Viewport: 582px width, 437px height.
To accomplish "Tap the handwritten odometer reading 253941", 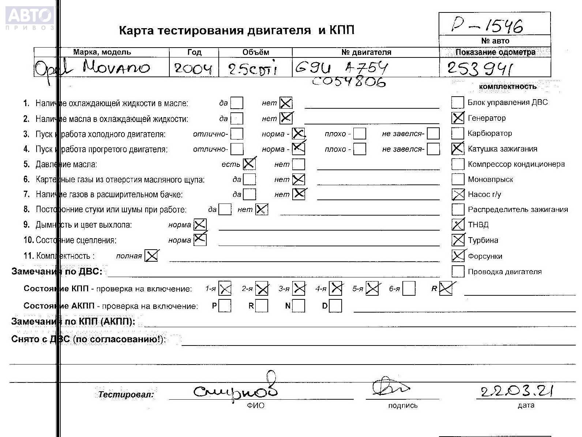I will (x=480, y=68).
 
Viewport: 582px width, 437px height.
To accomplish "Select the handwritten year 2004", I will (x=194, y=68).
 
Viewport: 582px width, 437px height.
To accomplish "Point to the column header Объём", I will (x=255, y=52).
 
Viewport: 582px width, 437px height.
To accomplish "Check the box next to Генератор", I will (x=458, y=118).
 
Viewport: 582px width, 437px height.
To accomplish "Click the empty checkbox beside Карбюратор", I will (x=458, y=134).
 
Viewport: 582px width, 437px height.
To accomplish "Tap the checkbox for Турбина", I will (x=458, y=240).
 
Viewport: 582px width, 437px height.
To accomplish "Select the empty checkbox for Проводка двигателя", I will (x=458, y=272).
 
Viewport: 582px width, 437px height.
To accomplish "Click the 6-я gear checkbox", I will (x=409, y=289).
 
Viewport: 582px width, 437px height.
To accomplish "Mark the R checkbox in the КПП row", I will (x=446, y=289).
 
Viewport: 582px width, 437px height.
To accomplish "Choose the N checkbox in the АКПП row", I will (x=298, y=306).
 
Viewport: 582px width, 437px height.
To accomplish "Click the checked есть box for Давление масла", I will (x=249, y=164).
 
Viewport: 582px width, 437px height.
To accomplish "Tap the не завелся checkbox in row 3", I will (x=433, y=134).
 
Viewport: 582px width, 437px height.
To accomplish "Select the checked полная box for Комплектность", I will (x=151, y=255).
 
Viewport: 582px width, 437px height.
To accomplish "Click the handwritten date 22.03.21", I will (x=517, y=392).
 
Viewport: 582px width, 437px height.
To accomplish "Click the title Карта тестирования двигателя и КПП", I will (x=237, y=30).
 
